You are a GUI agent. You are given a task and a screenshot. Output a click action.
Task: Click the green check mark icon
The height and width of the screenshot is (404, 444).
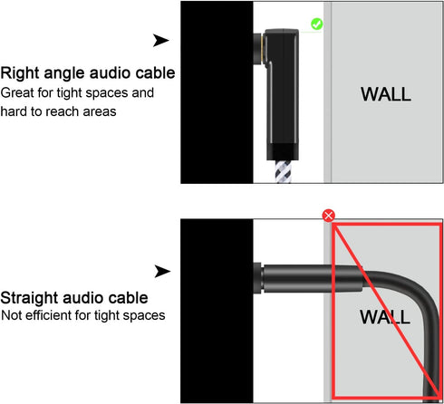(316, 24)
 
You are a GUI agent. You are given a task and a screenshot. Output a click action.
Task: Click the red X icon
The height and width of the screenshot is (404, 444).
(329, 216)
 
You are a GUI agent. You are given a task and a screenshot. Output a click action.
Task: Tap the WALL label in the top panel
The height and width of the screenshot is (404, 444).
(385, 93)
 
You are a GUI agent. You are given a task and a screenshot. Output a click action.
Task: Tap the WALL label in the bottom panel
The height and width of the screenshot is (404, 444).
(385, 317)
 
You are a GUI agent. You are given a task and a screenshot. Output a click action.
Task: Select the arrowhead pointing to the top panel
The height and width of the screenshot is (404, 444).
(161, 40)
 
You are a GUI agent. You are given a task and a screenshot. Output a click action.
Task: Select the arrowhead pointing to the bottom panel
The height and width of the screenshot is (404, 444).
(161, 271)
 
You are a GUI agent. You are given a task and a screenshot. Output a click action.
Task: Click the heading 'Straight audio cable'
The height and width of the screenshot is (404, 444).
(74, 297)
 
